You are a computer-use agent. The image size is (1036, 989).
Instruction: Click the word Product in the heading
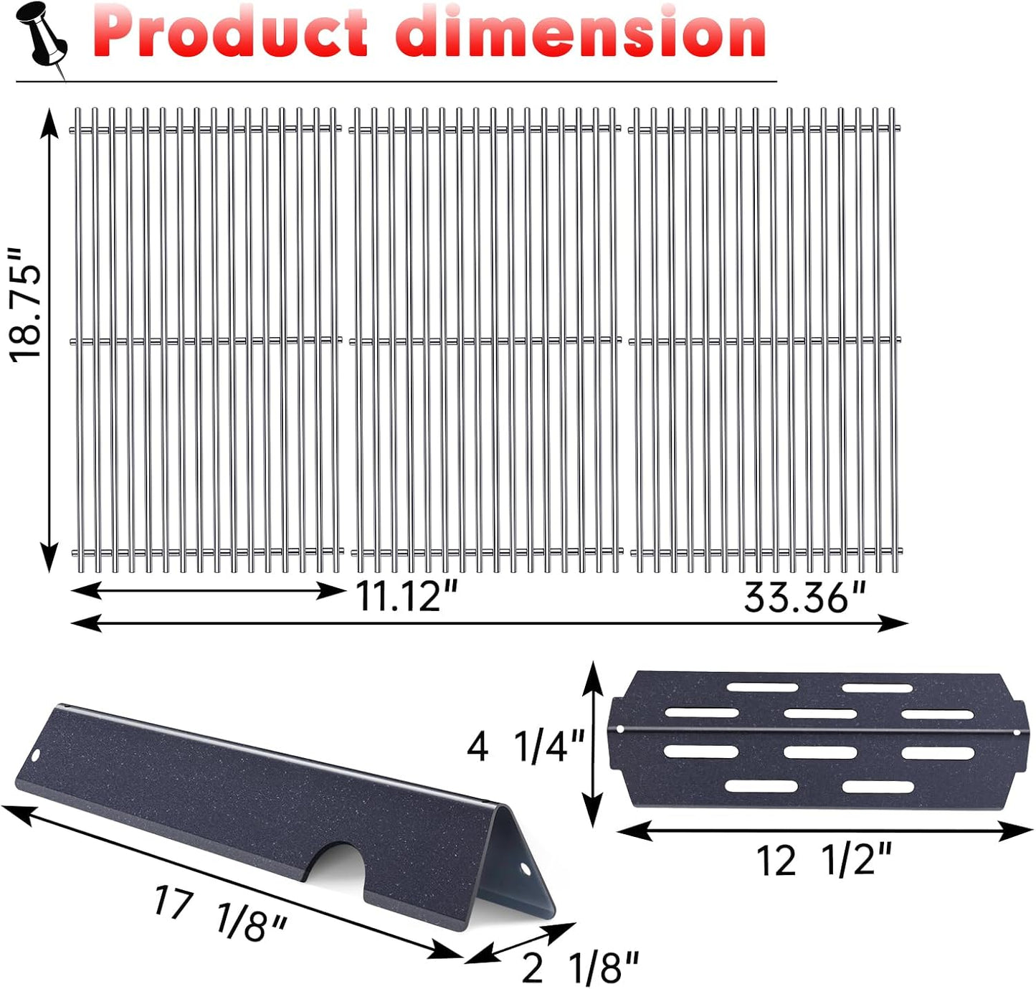click(x=229, y=33)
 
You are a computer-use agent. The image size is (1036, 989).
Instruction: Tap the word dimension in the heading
click(x=581, y=33)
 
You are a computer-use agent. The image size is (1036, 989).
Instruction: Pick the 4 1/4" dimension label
click(x=526, y=747)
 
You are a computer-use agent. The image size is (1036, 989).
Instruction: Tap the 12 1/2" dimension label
click(x=824, y=859)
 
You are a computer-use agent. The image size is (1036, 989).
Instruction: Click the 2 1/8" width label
click(x=579, y=967)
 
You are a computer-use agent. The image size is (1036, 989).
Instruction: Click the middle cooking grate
click(x=486, y=340)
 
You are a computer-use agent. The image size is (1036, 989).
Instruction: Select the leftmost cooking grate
click(x=206, y=340)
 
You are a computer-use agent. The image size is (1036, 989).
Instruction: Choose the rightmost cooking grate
click(x=765, y=340)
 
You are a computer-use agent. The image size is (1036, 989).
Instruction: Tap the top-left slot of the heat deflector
click(x=762, y=687)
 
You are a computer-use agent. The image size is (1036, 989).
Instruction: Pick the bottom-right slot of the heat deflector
click(x=877, y=787)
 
